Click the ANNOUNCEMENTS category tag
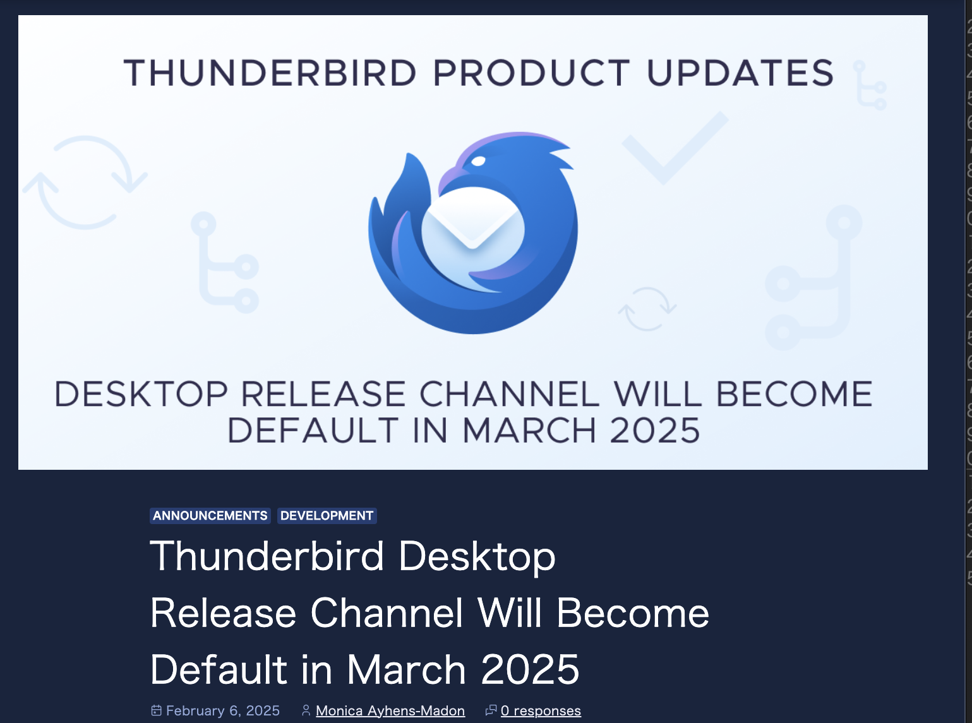(x=210, y=516)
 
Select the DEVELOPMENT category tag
(x=327, y=516)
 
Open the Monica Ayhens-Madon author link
(x=390, y=711)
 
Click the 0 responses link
(x=541, y=711)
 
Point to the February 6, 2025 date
(x=222, y=711)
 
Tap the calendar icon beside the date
(x=157, y=711)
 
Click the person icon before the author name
(x=306, y=711)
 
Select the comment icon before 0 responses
(x=491, y=710)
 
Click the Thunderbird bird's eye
(x=478, y=161)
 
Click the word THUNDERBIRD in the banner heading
(x=270, y=73)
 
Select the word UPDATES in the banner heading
(x=740, y=73)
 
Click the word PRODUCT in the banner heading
(x=531, y=73)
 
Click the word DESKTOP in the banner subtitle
(x=141, y=395)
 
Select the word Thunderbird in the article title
(x=267, y=556)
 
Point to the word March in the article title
(x=406, y=669)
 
